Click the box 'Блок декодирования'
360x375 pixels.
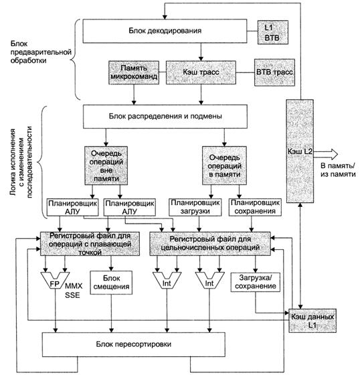[x=165, y=31]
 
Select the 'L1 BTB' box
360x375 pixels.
[x=273, y=32]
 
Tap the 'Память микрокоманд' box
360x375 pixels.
[x=134, y=72]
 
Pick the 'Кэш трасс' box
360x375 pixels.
[x=201, y=72]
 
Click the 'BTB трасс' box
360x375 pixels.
[x=274, y=72]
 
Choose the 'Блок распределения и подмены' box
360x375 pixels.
[x=165, y=117]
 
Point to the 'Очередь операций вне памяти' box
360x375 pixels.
[x=106, y=166]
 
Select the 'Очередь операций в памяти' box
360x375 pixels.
[x=224, y=166]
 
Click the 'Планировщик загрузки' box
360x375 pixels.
[x=195, y=207]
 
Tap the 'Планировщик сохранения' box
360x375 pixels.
[x=255, y=207]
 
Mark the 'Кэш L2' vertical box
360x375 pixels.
[x=300, y=151]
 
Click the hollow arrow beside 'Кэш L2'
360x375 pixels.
[x=326, y=154]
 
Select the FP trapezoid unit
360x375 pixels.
[x=56, y=281]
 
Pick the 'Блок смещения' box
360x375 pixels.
[x=111, y=283]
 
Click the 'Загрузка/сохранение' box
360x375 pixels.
[x=256, y=282]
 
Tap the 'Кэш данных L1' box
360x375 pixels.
[x=312, y=321]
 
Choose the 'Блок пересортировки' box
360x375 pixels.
[x=134, y=344]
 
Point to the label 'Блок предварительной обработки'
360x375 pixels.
[x=41, y=52]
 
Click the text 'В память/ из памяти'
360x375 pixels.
[x=338, y=170]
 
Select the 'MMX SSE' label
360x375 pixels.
[x=73, y=291]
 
